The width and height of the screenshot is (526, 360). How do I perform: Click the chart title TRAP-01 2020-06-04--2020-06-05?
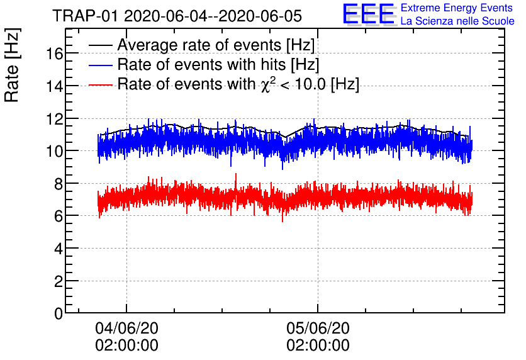[177, 15]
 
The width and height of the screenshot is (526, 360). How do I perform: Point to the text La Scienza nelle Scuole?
[457, 21]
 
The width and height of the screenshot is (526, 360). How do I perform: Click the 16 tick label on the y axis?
[54, 53]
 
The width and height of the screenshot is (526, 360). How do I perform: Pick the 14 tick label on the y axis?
[54, 86]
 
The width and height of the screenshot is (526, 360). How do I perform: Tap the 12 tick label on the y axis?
[54, 119]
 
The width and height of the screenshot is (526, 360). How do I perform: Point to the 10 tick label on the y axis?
[54, 151]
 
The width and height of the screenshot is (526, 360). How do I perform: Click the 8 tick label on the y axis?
[58, 184]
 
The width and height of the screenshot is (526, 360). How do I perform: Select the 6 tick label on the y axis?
[58, 216]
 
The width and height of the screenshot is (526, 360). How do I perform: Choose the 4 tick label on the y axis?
[58, 249]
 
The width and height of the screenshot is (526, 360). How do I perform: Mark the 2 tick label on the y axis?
[58, 281]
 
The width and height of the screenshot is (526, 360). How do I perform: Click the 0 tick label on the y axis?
[58, 313]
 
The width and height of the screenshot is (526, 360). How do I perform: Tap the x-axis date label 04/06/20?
[126, 329]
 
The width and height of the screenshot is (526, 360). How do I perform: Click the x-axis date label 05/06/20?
[318, 329]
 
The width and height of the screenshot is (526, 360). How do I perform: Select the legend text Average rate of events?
[216, 46]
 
